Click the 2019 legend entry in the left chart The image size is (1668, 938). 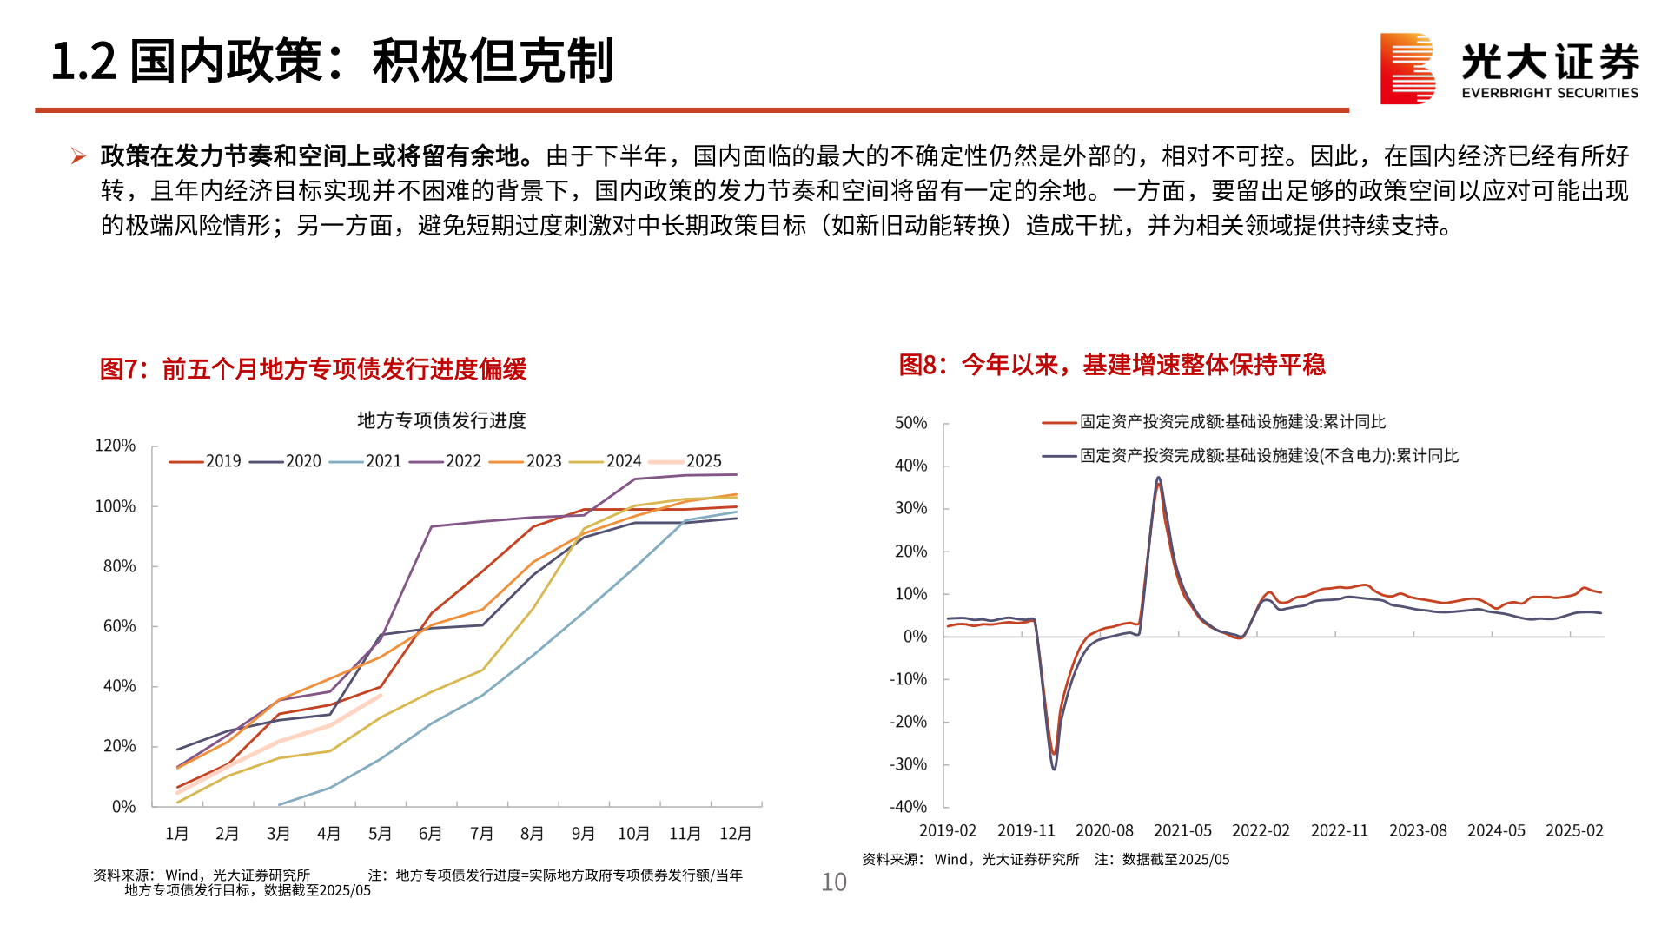click(x=206, y=461)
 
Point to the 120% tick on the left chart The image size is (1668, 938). click(x=115, y=446)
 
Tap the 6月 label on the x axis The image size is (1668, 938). click(x=430, y=834)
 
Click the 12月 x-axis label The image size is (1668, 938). click(x=735, y=834)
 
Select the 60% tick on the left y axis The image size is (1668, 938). click(x=119, y=626)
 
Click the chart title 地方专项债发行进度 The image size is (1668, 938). click(x=441, y=420)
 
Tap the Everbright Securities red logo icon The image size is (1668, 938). click(x=1407, y=68)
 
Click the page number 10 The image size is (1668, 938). click(x=834, y=882)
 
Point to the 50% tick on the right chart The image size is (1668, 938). click(x=910, y=423)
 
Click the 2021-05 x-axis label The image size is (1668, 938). click(x=1182, y=831)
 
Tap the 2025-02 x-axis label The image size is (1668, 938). click(x=1574, y=831)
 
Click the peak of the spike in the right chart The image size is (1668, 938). click(x=1158, y=478)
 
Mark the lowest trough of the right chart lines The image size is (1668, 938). click(x=1054, y=768)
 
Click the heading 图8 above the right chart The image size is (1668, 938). click(x=1111, y=365)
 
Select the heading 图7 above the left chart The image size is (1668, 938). click(x=313, y=369)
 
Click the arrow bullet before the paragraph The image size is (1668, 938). click(x=78, y=156)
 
